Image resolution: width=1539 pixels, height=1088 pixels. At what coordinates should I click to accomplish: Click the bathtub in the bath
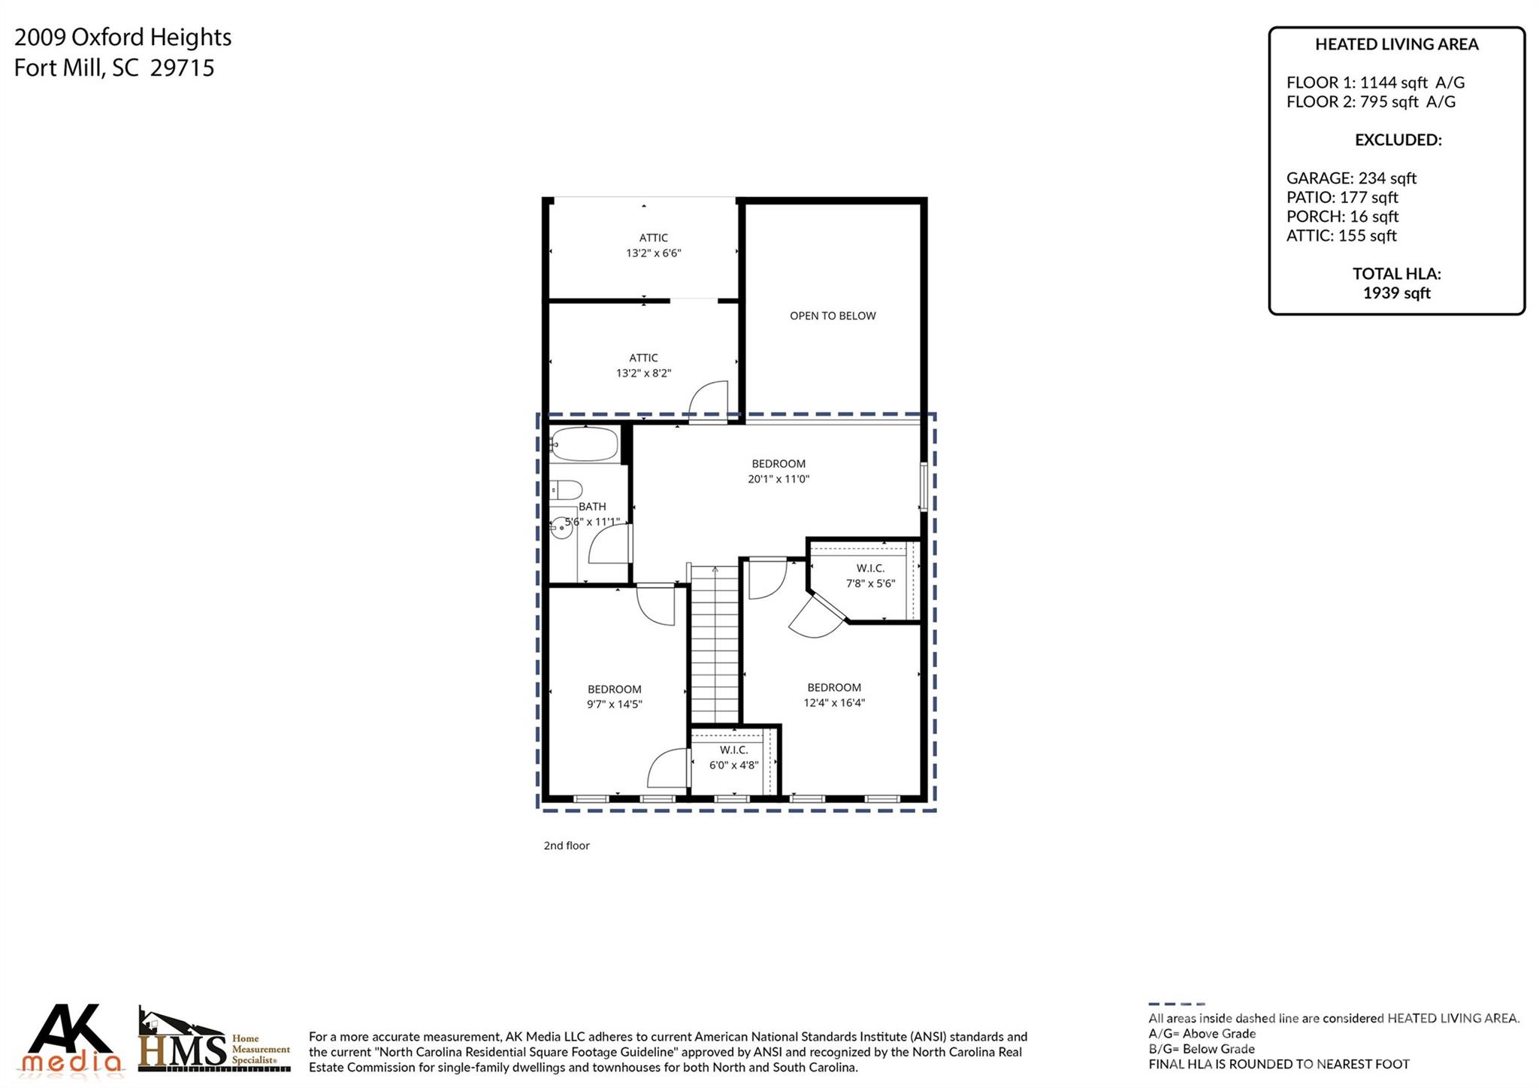pos(583,444)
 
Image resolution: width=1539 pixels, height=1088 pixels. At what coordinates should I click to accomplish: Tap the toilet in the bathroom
pos(565,489)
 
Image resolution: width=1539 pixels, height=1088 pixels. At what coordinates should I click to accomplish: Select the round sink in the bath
pos(561,529)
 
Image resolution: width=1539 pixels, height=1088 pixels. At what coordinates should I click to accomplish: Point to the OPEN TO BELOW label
pos(833,316)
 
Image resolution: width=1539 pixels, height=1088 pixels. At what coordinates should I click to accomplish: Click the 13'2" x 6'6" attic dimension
pos(653,253)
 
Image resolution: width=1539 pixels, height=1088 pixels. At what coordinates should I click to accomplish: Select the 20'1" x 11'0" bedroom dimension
pos(779,479)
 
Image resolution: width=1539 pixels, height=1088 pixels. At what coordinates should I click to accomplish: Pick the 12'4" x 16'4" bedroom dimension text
pos(834,703)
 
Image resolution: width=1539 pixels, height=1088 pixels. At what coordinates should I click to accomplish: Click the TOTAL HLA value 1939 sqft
pos(1396,293)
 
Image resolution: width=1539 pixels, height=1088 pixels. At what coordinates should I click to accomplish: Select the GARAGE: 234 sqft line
pos(1350,178)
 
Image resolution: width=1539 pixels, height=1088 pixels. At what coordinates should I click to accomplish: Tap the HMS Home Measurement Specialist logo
pos(214,1041)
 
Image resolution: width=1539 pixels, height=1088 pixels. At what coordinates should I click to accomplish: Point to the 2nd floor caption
pos(567,846)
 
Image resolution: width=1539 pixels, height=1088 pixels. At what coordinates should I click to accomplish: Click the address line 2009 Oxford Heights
pos(123,37)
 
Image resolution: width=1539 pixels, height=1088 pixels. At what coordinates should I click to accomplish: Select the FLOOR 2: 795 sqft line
pos(1370,102)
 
